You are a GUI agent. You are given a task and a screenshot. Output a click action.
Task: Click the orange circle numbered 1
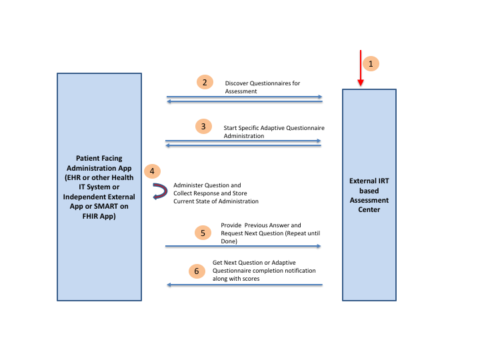[371, 64]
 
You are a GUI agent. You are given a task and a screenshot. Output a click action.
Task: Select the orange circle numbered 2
[205, 83]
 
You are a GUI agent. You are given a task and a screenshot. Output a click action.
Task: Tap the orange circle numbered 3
[204, 126]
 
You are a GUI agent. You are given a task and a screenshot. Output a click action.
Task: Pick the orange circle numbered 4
[153, 171]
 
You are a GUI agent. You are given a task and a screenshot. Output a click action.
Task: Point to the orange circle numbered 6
[197, 271]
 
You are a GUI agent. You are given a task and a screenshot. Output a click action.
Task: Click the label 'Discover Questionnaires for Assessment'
[262, 87]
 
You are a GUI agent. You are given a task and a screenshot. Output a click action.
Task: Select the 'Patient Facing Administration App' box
[99, 187]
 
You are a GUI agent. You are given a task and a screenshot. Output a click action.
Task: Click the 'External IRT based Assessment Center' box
[369, 195]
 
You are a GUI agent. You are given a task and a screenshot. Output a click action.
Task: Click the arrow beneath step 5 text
[243, 246]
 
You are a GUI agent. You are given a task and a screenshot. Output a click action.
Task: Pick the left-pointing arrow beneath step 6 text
[244, 285]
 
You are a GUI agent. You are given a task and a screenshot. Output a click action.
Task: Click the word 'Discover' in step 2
[237, 83]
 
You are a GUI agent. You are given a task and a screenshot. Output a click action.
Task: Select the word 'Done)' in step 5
[229, 241]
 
